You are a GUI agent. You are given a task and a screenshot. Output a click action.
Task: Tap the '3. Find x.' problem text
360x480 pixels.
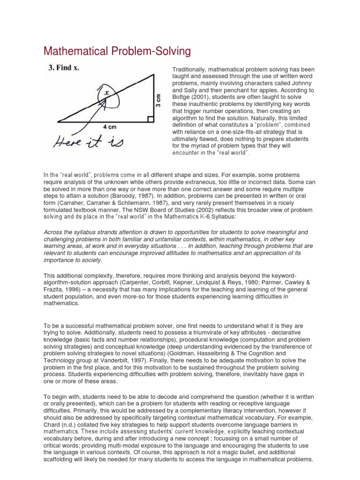click(64, 67)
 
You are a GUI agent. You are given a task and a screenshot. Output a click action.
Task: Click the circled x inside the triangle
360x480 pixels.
click(106, 93)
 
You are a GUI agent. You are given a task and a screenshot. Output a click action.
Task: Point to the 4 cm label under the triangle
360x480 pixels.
click(110, 126)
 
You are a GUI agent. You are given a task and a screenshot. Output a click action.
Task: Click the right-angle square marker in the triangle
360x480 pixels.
click(150, 119)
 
